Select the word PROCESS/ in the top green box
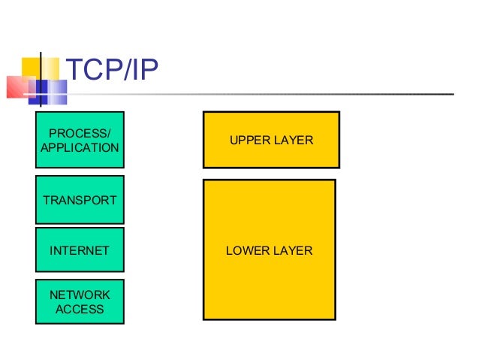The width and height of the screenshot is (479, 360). (x=80, y=133)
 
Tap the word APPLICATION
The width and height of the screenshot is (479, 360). (x=80, y=147)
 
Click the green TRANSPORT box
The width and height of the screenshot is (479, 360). (x=80, y=201)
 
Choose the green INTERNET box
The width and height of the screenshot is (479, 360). (x=80, y=250)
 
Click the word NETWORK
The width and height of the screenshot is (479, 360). (x=80, y=295)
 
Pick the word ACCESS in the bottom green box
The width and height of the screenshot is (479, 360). (x=80, y=309)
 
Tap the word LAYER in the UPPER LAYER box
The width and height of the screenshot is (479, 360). (x=296, y=141)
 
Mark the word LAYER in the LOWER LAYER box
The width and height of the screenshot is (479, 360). (x=295, y=250)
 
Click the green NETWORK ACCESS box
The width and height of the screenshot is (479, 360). (x=80, y=301)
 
